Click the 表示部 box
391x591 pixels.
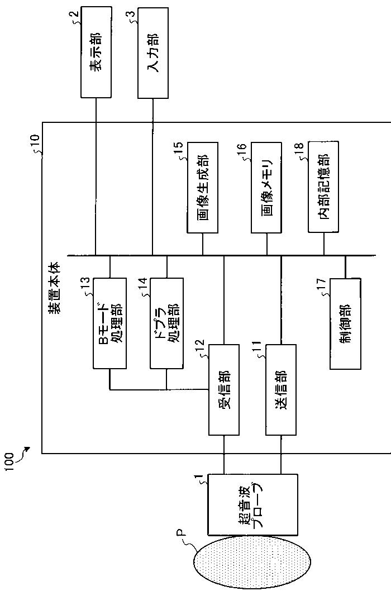[x=96, y=53]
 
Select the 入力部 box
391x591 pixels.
[x=152, y=53]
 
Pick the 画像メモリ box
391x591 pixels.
[x=267, y=187]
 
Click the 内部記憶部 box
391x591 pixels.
[x=323, y=187]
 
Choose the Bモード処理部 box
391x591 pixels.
[x=109, y=323]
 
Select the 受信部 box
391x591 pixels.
[x=224, y=389]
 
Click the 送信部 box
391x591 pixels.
[x=281, y=389]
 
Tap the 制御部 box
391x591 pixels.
[x=345, y=324]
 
